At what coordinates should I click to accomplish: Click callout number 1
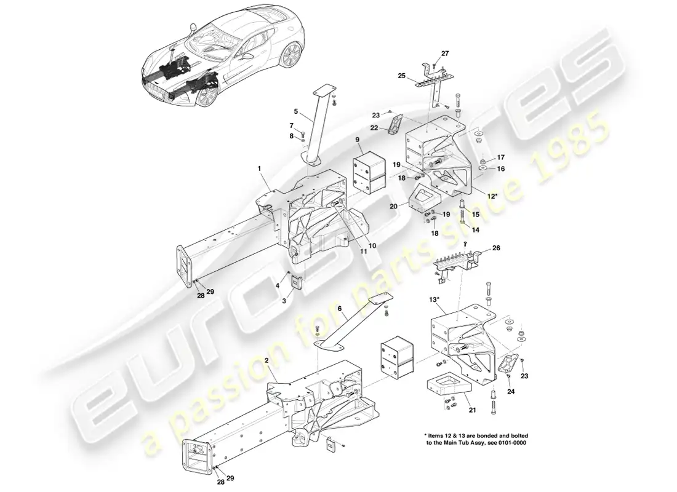point(260,168)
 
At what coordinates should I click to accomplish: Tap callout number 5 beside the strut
point(296,111)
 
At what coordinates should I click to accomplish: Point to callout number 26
point(497,248)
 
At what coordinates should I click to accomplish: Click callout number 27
point(446,54)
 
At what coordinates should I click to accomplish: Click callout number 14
point(475,229)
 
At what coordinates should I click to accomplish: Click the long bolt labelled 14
point(462,216)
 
